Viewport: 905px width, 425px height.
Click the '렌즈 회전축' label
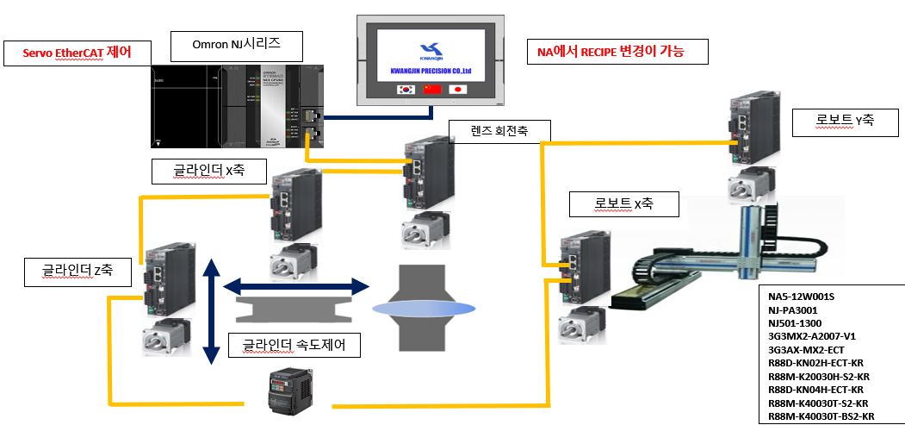tap(499, 131)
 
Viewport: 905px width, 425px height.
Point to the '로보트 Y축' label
tap(846, 120)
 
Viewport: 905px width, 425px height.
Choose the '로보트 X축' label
tap(624, 205)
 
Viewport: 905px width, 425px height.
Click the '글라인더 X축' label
tap(209, 170)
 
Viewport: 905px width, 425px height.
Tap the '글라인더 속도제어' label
tap(294, 347)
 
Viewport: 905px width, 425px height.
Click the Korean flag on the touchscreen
tap(405, 89)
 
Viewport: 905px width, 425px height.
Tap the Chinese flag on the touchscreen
tap(431, 89)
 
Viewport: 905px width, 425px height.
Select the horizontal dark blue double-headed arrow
tap(296, 284)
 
